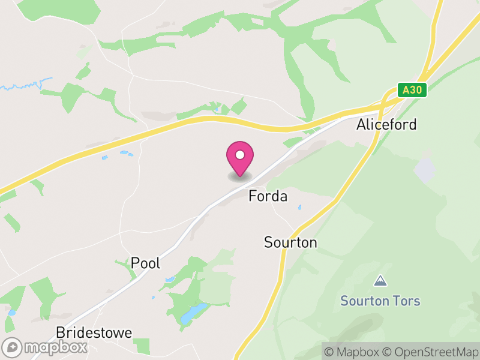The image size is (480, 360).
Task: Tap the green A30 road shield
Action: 412,90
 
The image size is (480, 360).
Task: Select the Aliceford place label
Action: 386,125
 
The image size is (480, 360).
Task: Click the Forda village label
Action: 268,196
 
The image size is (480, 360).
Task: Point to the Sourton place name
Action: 290,242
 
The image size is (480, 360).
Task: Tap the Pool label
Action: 146,263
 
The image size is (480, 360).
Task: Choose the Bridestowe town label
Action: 94,332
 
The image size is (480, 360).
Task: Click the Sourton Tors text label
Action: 380,301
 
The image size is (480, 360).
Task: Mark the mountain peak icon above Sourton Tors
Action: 380,280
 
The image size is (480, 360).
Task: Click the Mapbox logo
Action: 46,347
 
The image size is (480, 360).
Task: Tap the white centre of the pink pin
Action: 240,155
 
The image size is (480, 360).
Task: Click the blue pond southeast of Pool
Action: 193,313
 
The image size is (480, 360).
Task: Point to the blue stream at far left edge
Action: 24,86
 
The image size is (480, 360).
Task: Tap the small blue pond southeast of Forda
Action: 299,208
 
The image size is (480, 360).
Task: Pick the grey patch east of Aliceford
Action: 424,170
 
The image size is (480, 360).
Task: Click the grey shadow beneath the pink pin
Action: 240,177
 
